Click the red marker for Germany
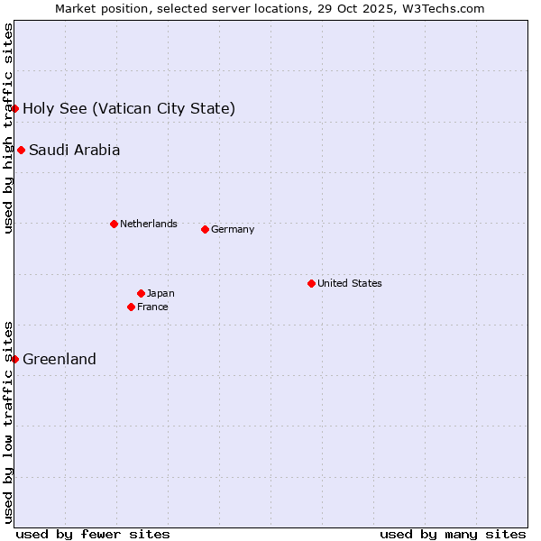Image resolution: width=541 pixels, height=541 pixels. click(x=205, y=229)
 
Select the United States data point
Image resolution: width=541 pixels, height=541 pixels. click(x=311, y=283)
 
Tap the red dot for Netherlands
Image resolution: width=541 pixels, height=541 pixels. click(x=114, y=224)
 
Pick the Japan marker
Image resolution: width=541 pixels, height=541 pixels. click(x=141, y=293)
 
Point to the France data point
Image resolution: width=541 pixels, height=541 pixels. click(x=131, y=307)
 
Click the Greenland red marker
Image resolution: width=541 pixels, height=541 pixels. click(x=15, y=359)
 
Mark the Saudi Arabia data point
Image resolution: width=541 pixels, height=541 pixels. click(x=21, y=150)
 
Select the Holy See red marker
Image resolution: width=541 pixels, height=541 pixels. click(x=15, y=108)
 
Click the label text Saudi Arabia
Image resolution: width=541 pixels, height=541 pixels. click(x=74, y=150)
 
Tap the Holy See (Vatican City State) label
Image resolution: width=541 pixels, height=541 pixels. click(x=129, y=109)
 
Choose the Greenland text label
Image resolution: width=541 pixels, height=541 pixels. click(x=60, y=359)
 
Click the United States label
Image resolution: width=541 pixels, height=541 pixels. click(x=350, y=283)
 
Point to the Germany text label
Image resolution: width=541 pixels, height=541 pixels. click(x=233, y=229)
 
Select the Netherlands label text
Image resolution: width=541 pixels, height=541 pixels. click(x=149, y=224)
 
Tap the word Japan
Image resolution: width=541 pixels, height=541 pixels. click(x=160, y=293)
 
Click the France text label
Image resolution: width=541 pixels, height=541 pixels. click(x=152, y=307)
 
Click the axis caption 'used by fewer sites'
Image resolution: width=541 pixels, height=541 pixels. click(x=93, y=534)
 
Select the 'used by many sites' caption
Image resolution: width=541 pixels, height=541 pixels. click(x=453, y=534)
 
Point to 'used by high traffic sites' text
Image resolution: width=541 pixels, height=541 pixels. click(x=8, y=128)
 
